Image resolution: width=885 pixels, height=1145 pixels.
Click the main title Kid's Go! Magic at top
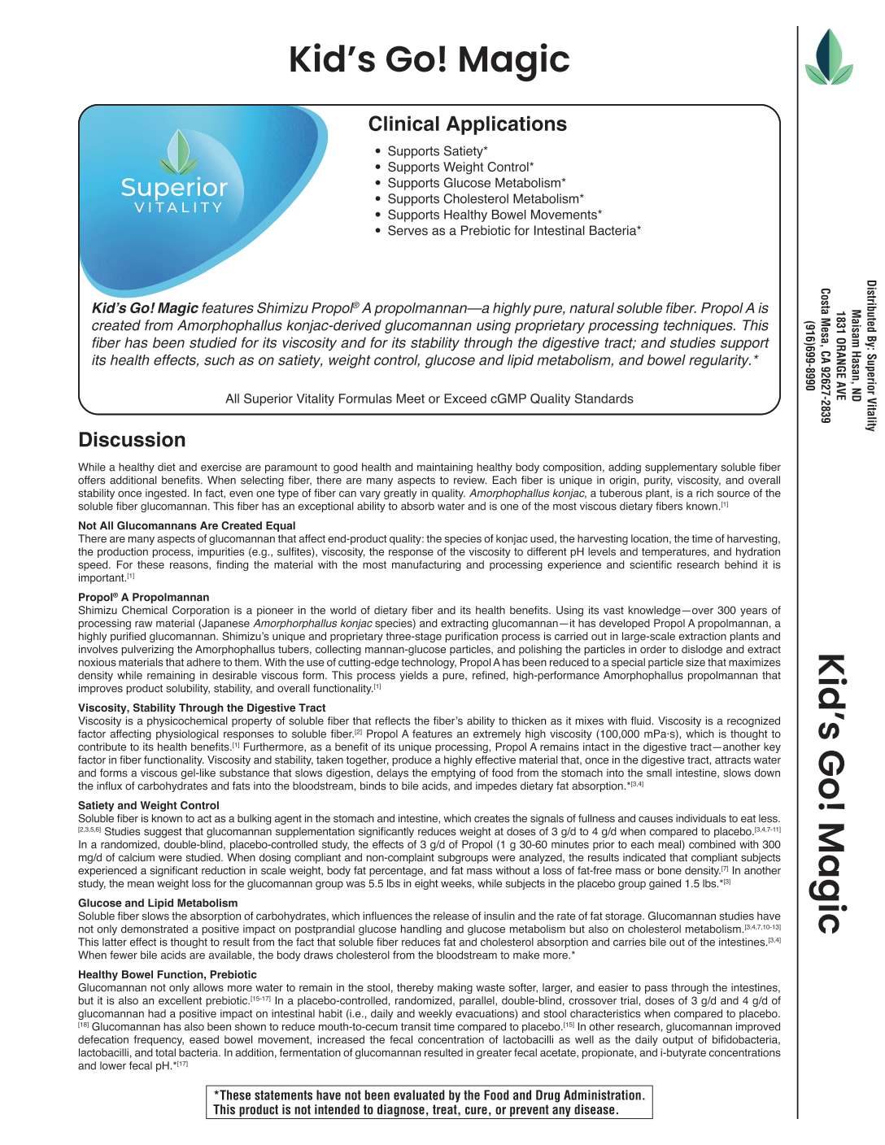(x=429, y=60)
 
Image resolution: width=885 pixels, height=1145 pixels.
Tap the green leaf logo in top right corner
(x=828, y=58)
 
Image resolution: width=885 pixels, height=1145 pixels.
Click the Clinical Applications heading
(x=467, y=124)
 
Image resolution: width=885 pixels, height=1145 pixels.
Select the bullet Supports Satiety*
(x=437, y=151)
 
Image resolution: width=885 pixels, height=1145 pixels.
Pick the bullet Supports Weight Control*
(x=460, y=168)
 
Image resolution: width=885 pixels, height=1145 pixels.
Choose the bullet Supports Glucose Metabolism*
(x=476, y=183)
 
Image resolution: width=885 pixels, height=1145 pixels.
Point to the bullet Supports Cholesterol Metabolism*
(x=485, y=199)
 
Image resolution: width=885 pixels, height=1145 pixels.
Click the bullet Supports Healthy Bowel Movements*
(x=494, y=215)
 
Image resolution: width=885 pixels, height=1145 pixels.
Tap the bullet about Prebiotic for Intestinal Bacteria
(x=513, y=231)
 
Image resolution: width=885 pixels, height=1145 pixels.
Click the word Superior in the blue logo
(x=174, y=188)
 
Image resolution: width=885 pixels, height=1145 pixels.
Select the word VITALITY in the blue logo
(x=178, y=208)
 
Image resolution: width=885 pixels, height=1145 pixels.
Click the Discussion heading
(x=132, y=440)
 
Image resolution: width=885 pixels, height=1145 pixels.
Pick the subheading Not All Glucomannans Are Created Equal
(x=186, y=526)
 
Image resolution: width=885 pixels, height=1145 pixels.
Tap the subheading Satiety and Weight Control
(x=149, y=806)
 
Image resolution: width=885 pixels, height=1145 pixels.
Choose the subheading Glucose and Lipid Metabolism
(x=158, y=903)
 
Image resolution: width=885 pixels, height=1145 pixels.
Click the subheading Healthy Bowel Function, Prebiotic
(x=167, y=975)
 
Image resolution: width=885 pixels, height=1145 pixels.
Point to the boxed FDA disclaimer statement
(x=429, y=1103)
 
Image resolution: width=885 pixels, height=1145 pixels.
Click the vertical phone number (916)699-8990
(x=809, y=355)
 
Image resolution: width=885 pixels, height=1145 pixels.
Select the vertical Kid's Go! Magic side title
(x=831, y=794)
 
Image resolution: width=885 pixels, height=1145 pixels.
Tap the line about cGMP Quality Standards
(x=429, y=399)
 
